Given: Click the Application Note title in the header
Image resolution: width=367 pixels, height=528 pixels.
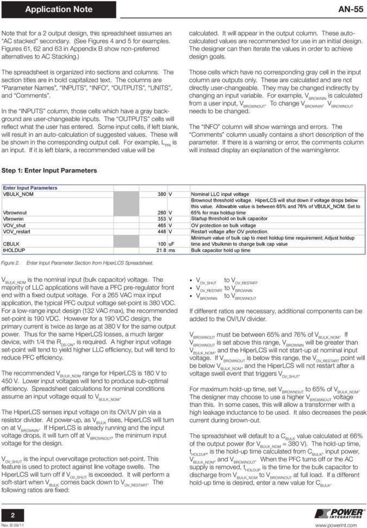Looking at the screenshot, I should (59, 9).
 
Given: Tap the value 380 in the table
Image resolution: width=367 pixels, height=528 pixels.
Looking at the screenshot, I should (161, 194).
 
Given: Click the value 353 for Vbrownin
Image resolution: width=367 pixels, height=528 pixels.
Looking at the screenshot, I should (161, 219).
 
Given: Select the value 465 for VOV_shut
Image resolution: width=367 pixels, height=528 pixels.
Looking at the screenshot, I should (161, 225).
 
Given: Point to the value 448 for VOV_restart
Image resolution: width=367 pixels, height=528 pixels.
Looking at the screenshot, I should (161, 231).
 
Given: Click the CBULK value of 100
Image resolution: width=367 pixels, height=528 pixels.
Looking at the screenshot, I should (161, 244).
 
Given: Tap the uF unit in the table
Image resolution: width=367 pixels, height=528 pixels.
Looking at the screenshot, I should (172, 244).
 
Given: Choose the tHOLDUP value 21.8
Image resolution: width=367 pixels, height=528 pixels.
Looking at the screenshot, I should (160, 250).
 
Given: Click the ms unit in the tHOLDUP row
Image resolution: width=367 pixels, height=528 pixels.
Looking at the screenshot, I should (172, 250).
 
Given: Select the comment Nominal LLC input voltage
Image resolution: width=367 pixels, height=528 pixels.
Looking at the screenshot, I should (220, 194).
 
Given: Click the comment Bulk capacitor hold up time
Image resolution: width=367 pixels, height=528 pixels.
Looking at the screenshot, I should (221, 250).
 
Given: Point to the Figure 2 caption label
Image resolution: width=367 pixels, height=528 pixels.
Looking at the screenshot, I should (11, 263).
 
